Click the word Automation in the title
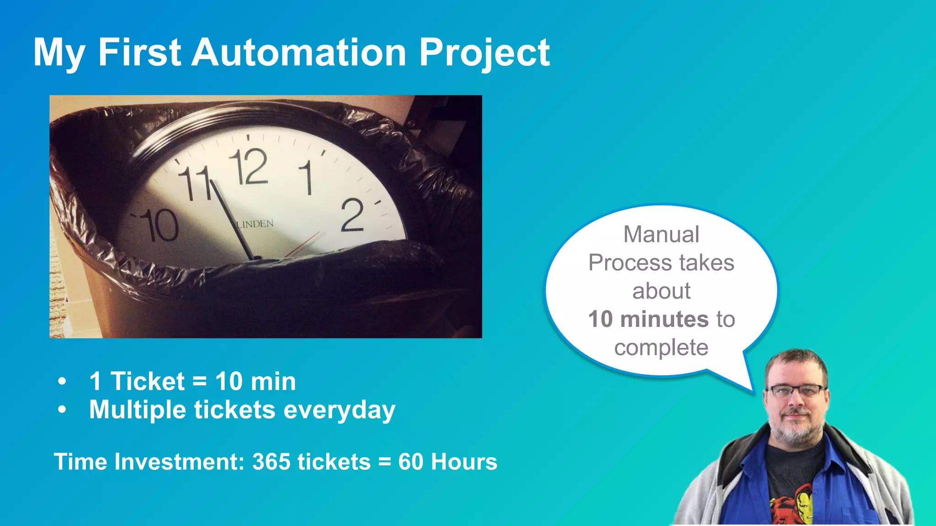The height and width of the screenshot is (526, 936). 298,53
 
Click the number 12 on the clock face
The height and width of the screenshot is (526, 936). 249,167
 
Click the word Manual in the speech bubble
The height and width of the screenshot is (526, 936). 661,235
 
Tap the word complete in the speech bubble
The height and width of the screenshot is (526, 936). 661,347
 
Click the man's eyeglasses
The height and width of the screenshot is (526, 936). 796,390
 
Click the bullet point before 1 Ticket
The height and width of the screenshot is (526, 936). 63,381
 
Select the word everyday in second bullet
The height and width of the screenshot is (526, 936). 339,410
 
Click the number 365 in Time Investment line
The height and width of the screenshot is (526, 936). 271,462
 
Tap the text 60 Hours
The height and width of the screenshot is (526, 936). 447,462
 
